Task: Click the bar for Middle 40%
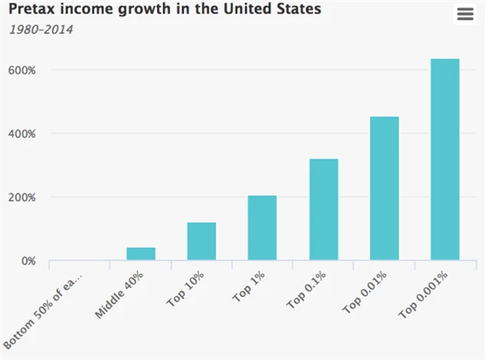(141, 254)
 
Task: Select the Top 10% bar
(201, 241)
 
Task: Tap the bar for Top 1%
(262, 228)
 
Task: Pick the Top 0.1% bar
(323, 209)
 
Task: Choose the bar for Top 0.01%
(384, 188)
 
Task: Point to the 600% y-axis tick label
(21, 70)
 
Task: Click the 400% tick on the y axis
(21, 134)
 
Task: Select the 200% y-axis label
(21, 198)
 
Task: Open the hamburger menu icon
(465, 15)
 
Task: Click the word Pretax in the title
(34, 11)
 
